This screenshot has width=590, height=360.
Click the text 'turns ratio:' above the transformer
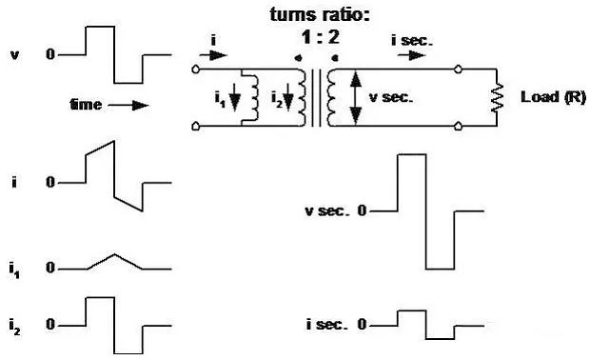pos(320,14)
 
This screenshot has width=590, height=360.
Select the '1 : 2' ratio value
pos(320,37)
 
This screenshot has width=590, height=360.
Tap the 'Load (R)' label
pos(553,97)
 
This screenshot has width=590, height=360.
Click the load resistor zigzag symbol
pos(497,97)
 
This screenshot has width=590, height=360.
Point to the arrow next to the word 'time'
pos(128,105)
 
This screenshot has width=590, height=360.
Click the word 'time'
pos(86,105)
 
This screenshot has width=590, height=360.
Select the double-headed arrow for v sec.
pos(356,97)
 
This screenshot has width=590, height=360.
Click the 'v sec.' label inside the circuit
pos(391,97)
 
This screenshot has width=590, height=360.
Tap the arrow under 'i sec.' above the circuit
pos(412,56)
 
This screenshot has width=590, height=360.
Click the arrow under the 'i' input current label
pos(213,56)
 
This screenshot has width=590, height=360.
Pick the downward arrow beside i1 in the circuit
pos(235,97)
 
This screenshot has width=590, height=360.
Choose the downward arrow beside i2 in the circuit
pos(288,97)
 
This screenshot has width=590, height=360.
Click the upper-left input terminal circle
pos(195,70)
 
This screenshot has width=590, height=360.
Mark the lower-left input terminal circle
pos(195,126)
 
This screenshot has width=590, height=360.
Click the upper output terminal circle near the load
pos(458,70)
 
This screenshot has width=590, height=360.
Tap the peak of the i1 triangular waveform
pos(115,255)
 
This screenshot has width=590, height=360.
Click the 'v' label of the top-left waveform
pos(14,55)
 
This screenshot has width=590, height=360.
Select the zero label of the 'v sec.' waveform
pos(362,210)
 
